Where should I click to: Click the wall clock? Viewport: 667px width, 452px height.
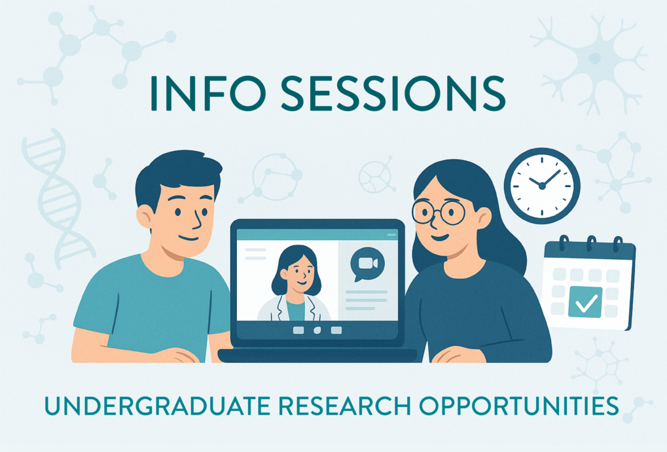(541, 186)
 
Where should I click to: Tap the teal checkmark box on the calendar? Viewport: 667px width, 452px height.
(585, 302)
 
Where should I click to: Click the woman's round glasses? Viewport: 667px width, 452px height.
(438, 211)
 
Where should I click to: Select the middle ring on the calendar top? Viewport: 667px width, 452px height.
(592, 244)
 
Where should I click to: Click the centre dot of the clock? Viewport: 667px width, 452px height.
(541, 186)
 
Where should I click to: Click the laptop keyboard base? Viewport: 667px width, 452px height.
(317, 356)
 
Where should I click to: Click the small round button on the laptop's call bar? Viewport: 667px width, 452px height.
(317, 330)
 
